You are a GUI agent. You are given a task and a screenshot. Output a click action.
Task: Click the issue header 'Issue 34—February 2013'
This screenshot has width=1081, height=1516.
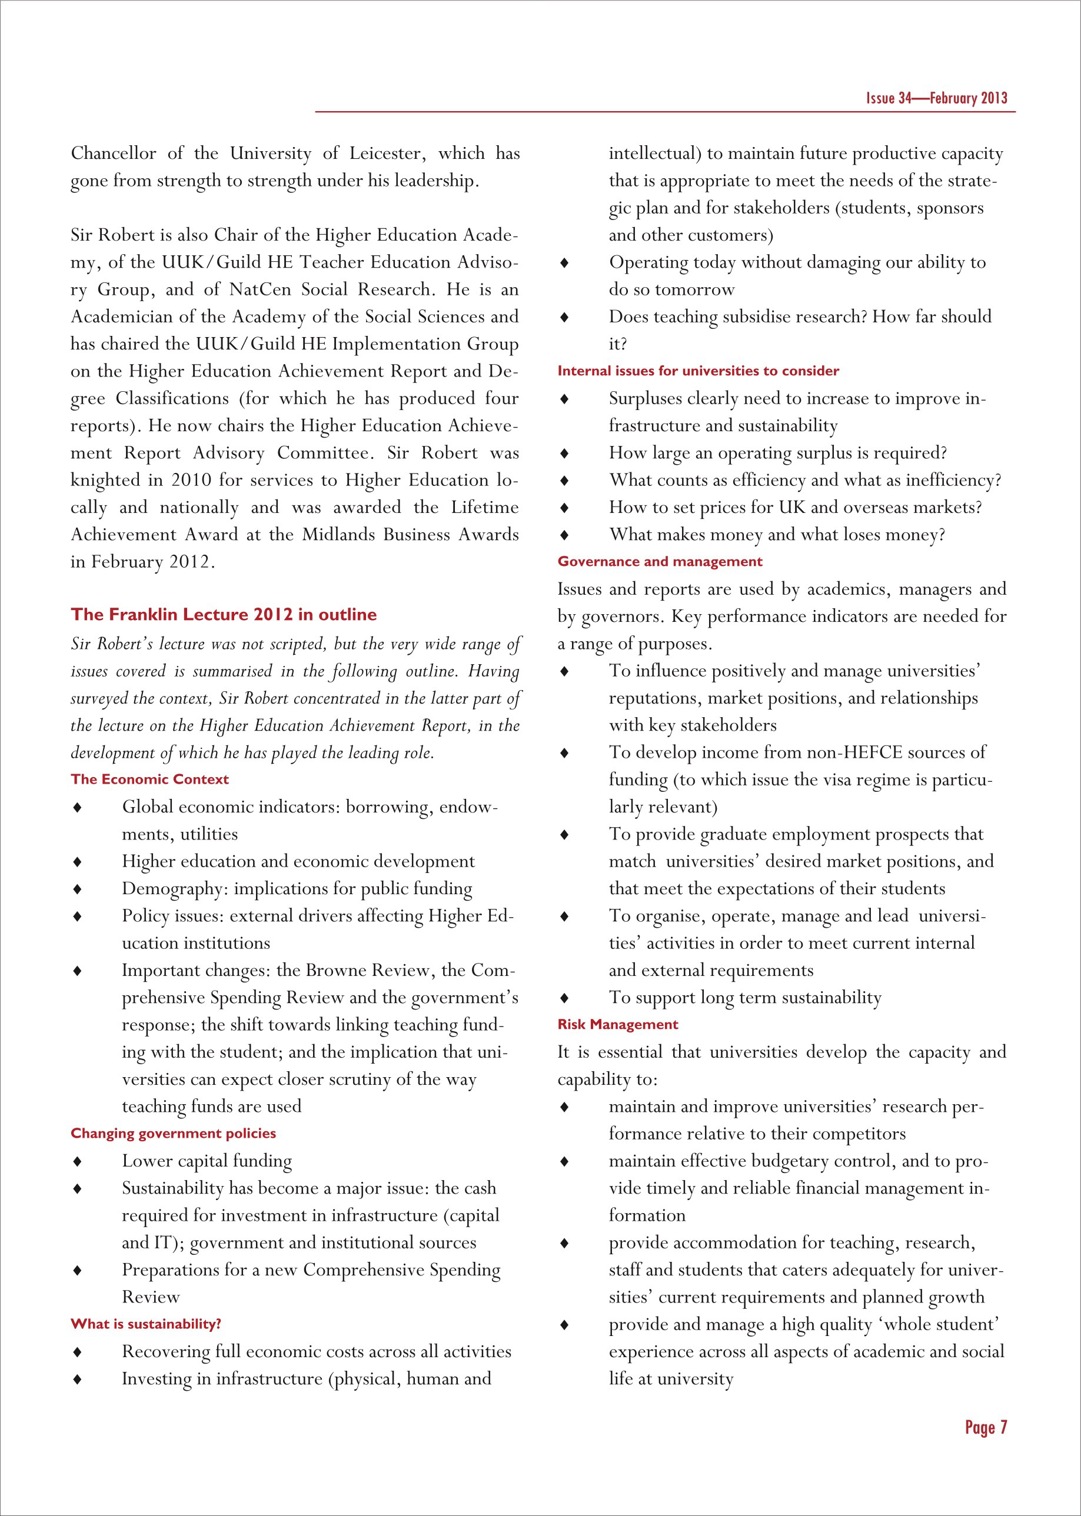pyautogui.click(x=936, y=98)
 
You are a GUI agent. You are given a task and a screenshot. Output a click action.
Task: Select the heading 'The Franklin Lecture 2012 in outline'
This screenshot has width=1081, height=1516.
pyautogui.click(x=224, y=614)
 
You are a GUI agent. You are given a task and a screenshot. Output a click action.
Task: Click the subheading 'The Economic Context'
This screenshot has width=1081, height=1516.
pyautogui.click(x=150, y=779)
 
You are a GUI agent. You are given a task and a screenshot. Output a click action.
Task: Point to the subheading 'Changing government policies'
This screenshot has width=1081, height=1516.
pyautogui.click(x=173, y=1134)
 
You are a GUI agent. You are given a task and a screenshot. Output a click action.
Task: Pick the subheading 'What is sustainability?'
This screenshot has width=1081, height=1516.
pyautogui.click(x=146, y=1324)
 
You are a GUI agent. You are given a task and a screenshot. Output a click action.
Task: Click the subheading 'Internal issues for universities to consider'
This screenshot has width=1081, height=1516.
pyautogui.click(x=699, y=371)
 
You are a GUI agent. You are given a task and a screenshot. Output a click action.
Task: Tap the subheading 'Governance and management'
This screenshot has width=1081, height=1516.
pyautogui.click(x=660, y=561)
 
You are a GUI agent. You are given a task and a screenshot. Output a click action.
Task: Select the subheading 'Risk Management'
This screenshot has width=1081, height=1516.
pyautogui.click(x=618, y=1024)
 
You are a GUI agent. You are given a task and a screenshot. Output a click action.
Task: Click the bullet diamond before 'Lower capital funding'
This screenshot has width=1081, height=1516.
pyautogui.click(x=78, y=1161)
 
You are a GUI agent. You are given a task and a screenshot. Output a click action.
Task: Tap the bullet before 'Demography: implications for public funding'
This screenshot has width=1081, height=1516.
pyautogui.click(x=78, y=889)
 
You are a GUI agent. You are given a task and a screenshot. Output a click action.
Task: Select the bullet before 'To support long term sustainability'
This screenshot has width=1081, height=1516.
pyautogui.click(x=564, y=998)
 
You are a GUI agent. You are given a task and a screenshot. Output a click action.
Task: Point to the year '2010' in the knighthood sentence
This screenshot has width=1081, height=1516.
pyautogui.click(x=192, y=480)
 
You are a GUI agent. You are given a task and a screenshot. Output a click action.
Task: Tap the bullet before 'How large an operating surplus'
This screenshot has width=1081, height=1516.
pyautogui.click(x=564, y=453)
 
